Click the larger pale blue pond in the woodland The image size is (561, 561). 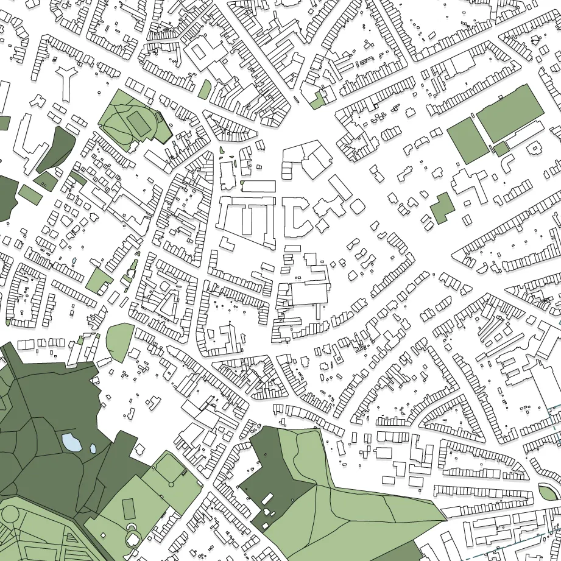71,441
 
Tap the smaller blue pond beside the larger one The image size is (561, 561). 93,449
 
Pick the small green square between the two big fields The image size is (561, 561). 501,149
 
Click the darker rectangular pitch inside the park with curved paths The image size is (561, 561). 139,123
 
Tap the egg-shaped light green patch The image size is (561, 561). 119,342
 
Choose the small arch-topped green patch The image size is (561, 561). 205,90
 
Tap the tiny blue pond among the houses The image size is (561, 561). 74,261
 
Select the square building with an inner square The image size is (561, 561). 534,147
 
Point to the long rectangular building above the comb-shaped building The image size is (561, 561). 259,186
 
